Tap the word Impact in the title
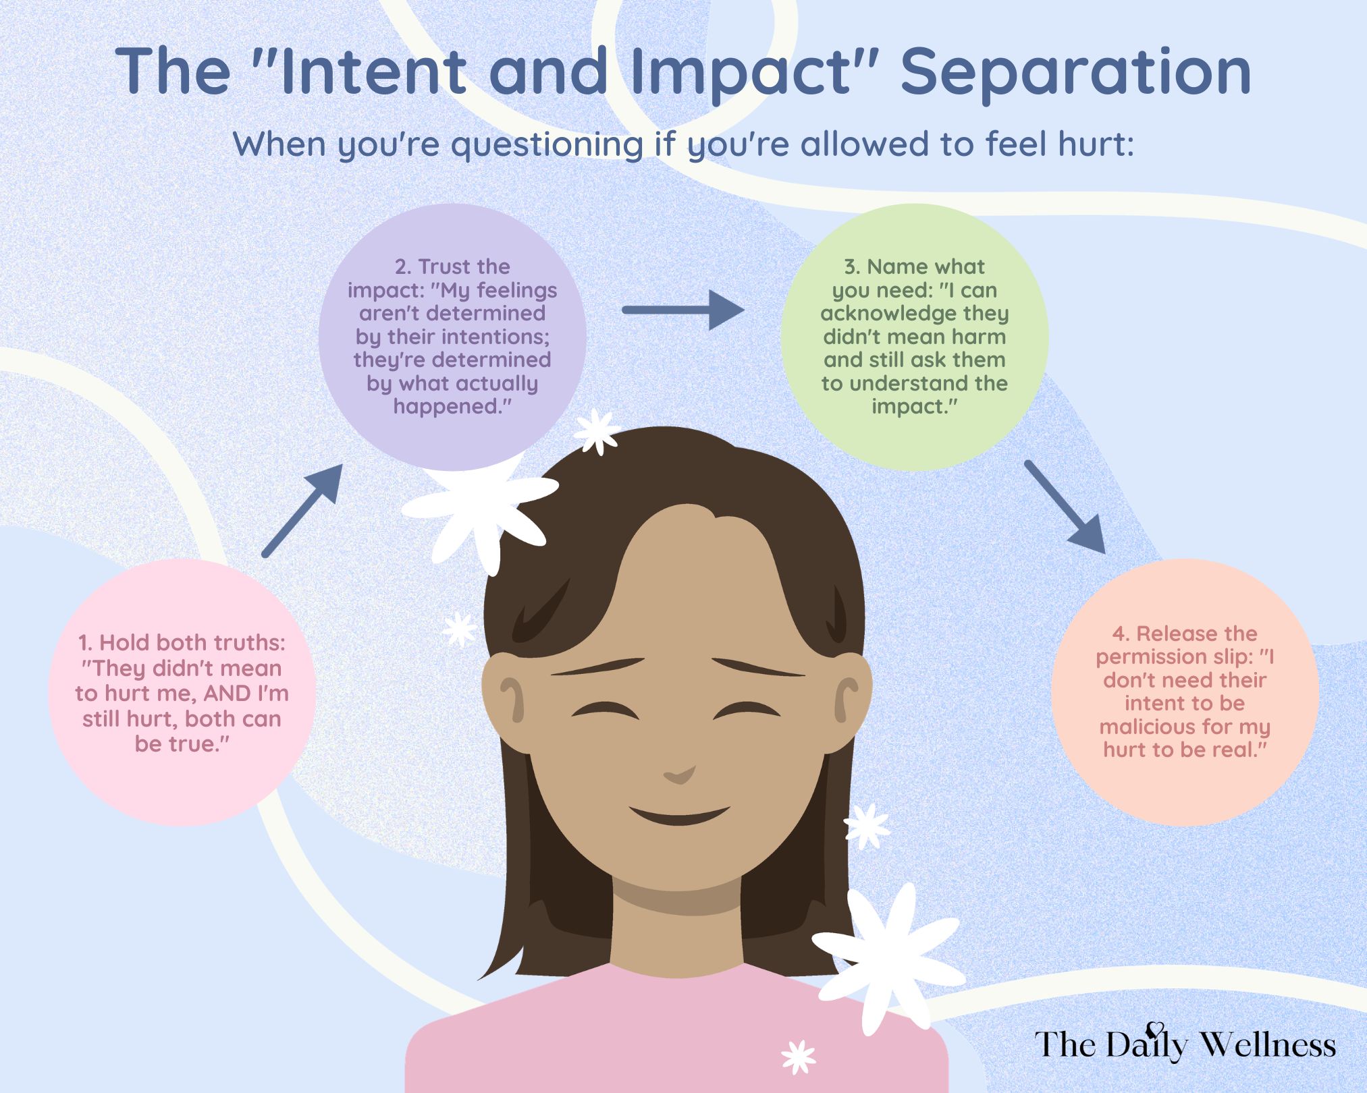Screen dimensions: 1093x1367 (x=746, y=72)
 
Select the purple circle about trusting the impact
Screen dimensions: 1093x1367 (x=452, y=337)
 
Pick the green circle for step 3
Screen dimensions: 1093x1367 (x=914, y=337)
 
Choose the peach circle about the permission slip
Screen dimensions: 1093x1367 (x=1184, y=692)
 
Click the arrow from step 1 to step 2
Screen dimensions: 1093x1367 (x=302, y=510)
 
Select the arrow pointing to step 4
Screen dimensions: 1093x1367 (x=1065, y=506)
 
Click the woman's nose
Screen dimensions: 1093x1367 (x=680, y=773)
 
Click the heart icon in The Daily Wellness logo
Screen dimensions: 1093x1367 (x=1156, y=1030)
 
